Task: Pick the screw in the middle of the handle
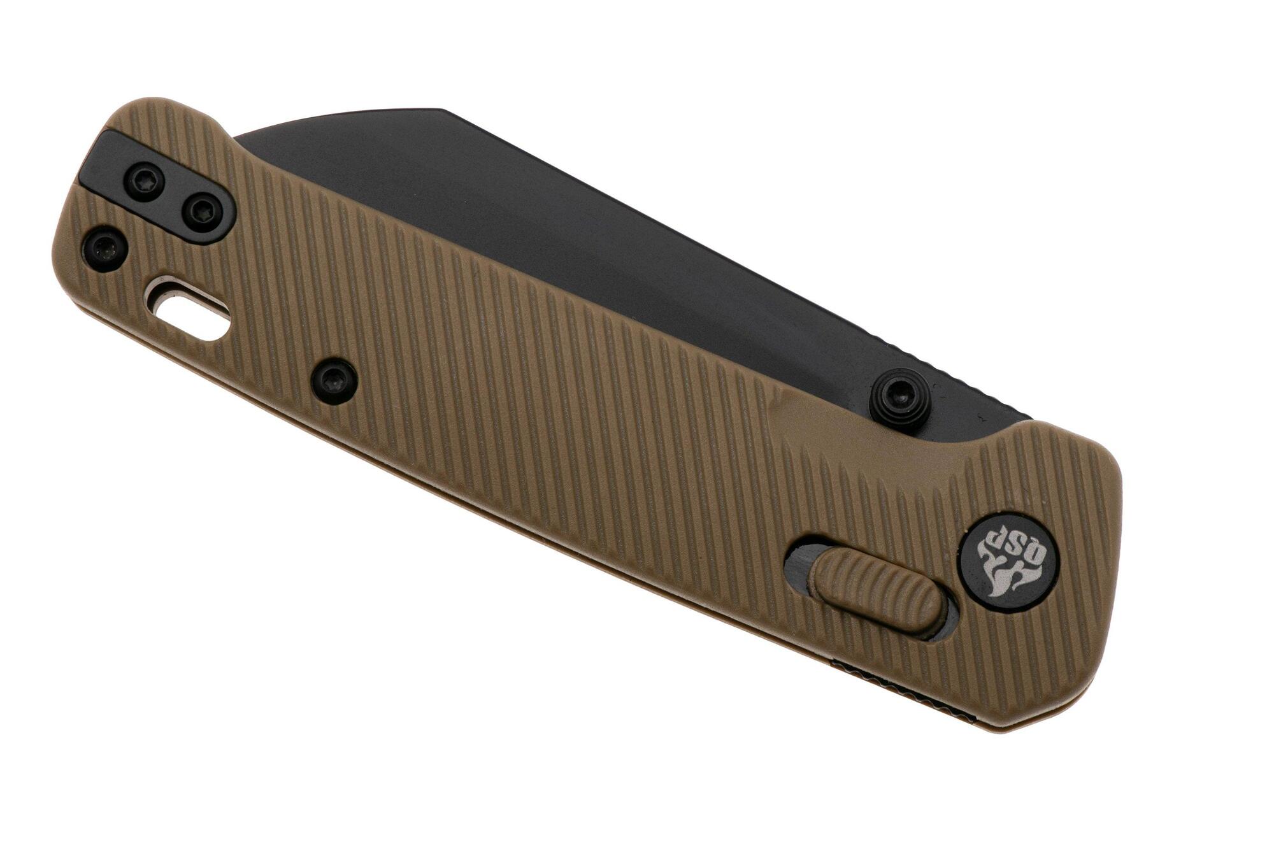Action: tap(334, 381)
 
